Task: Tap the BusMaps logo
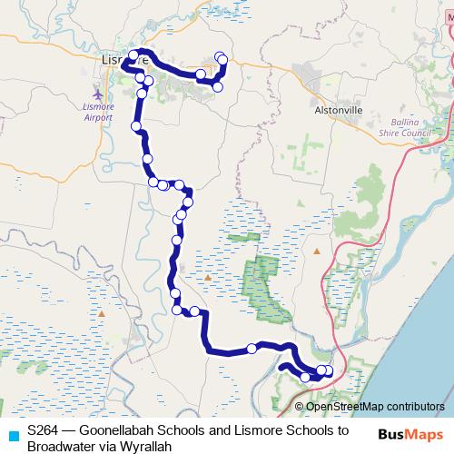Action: coord(411,434)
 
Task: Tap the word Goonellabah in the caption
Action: coord(123,430)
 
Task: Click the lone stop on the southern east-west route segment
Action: coord(252,349)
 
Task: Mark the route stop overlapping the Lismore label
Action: coord(134,56)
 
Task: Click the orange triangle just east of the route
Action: coord(208,277)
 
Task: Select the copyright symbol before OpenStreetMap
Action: coord(299,407)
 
